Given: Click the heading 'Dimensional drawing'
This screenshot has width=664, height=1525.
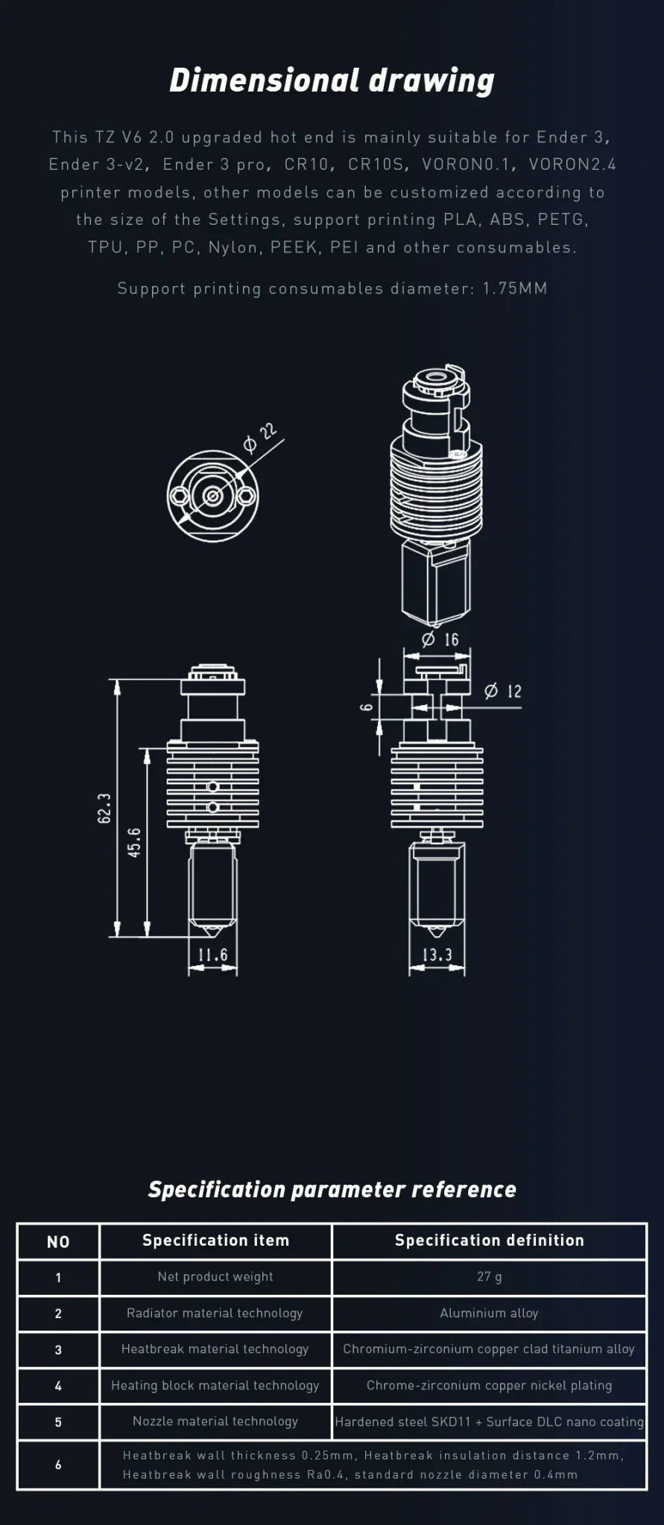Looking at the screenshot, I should click(x=332, y=80).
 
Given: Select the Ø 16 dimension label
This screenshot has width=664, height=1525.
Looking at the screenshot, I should click(x=440, y=639).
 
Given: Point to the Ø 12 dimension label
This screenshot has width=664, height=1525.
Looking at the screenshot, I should click(x=503, y=691).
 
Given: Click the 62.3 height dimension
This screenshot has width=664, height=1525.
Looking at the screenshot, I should click(x=104, y=808).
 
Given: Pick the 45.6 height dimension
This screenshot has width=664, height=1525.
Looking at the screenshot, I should click(x=135, y=842).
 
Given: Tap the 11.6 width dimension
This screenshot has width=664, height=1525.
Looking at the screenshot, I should click(x=212, y=955).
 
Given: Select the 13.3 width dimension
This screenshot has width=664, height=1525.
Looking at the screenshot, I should click(x=437, y=955).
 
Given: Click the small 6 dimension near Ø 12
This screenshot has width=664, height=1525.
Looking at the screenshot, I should click(x=367, y=706).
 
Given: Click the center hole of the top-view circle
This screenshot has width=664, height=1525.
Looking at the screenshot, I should click(x=212, y=495).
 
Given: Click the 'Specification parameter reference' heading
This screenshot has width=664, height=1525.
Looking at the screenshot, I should click(x=332, y=1189).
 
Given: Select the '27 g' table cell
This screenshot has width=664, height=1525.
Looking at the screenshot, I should click(x=489, y=1277).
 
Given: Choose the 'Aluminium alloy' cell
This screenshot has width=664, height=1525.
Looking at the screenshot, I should click(x=489, y=1314).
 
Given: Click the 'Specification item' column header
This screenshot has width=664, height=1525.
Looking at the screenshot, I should click(x=215, y=1241).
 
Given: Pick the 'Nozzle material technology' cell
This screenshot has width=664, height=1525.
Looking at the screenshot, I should click(x=215, y=1421).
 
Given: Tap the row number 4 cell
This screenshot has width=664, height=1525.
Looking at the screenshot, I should click(x=58, y=1386).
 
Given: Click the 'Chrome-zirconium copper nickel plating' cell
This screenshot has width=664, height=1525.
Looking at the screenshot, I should click(x=489, y=1386).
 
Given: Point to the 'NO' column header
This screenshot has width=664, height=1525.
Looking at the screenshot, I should click(x=58, y=1241).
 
